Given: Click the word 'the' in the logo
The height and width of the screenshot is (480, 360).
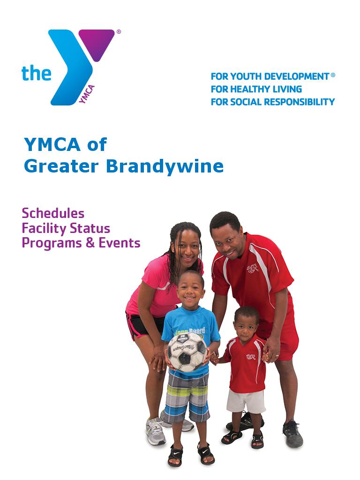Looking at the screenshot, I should pyautogui.click(x=36, y=73).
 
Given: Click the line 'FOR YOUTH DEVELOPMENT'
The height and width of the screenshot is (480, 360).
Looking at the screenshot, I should pyautogui.click(x=270, y=76).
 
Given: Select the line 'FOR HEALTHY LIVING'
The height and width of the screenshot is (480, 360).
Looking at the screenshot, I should pyautogui.click(x=256, y=89).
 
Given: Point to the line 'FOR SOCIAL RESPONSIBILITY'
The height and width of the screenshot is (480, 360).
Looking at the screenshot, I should pyautogui.click(x=272, y=102).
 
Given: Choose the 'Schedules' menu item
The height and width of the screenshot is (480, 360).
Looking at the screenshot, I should pyautogui.click(x=53, y=213).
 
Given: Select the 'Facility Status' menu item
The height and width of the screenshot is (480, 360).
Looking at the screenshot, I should pyautogui.click(x=66, y=228).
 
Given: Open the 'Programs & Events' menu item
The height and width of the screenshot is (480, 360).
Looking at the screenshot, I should pyautogui.click(x=81, y=243).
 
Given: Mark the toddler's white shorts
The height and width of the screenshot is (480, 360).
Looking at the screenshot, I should pyautogui.click(x=246, y=401).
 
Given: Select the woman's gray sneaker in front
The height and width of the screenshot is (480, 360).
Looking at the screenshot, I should pyautogui.click(x=156, y=431).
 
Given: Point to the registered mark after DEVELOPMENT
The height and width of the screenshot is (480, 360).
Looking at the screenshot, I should pyautogui.click(x=333, y=75).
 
